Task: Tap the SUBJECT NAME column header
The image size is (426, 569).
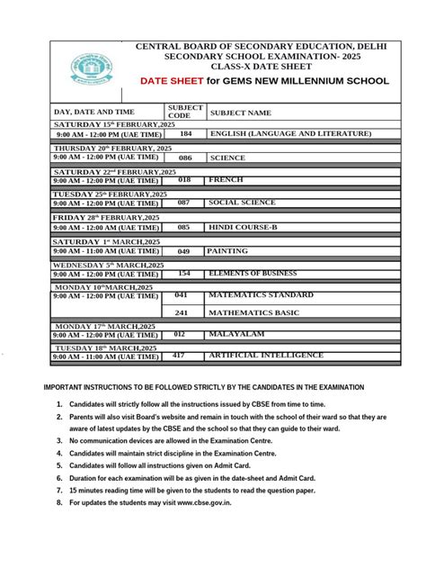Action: (240, 113)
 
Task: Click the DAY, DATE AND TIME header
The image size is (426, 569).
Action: (93, 112)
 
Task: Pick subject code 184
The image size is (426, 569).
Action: (185, 133)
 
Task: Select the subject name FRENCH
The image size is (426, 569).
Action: (226, 180)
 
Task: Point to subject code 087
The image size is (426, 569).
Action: (183, 203)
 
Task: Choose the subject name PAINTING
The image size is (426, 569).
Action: (228, 251)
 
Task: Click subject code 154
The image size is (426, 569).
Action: (184, 273)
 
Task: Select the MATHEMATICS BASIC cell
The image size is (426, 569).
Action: (254, 312)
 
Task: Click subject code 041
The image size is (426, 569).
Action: (182, 294)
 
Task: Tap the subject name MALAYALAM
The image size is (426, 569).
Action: (237, 334)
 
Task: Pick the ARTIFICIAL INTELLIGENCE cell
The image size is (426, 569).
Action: (265, 356)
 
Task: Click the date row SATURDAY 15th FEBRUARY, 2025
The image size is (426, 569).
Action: (108, 123)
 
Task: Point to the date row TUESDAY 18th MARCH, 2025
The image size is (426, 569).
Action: (106, 348)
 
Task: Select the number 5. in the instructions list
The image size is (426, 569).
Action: (58, 466)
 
